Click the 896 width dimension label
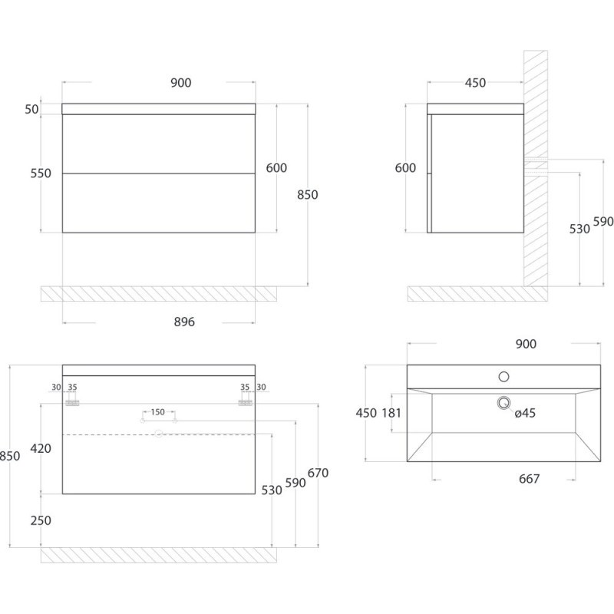coord(184,322)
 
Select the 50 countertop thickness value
coord(31,109)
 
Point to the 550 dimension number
coord(41,173)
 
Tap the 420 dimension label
coord(41,448)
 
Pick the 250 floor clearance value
coord(41,520)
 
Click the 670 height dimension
coord(318,473)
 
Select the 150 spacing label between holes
coord(157,412)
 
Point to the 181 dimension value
coord(391,413)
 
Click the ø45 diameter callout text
coord(525,413)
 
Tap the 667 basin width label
coord(529,478)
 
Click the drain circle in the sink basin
coord(504,403)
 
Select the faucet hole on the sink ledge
coord(504,377)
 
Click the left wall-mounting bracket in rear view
coord(72,403)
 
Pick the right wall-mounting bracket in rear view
coord(245,403)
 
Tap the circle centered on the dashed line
coord(159,434)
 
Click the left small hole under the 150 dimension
coord(143,421)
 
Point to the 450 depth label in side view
coord(475,83)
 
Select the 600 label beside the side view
coord(405,167)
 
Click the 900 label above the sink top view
coord(526,344)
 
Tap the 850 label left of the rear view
coord(9,456)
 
